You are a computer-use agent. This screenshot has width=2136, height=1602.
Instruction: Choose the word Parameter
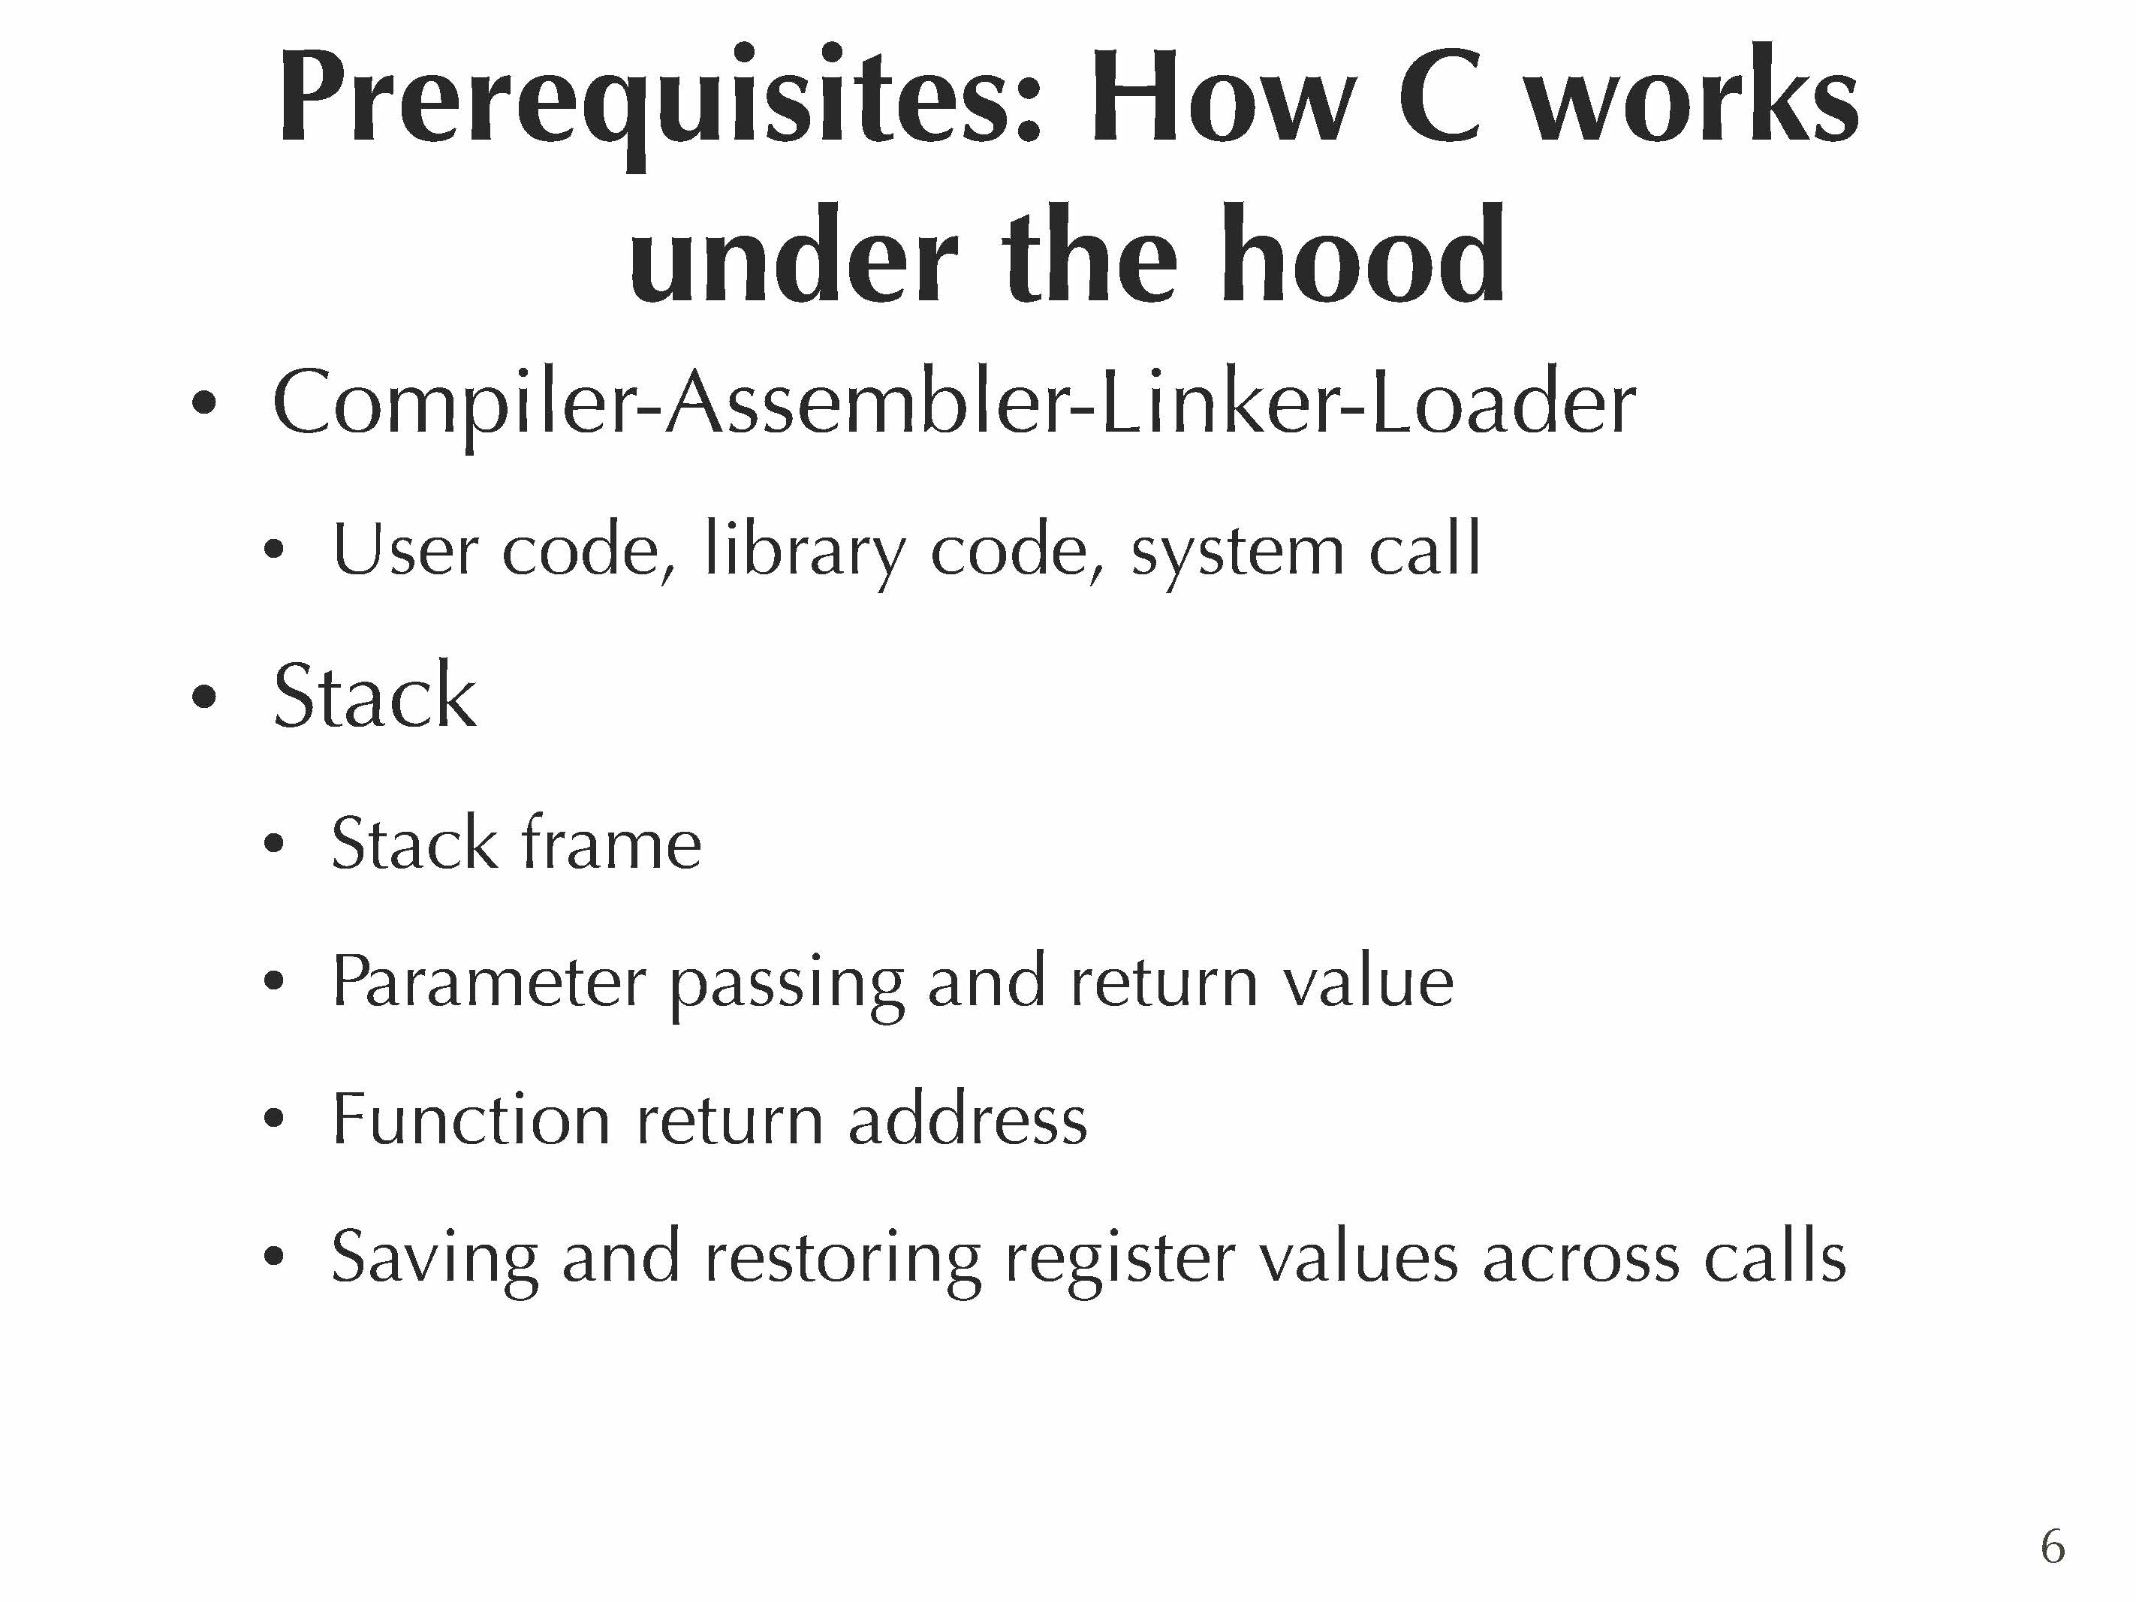(489, 982)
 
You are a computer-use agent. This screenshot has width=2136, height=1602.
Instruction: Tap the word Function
(471, 1119)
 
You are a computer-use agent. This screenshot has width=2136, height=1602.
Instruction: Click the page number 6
(2053, 1547)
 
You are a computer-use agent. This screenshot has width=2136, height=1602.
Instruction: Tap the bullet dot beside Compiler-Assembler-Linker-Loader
(203, 404)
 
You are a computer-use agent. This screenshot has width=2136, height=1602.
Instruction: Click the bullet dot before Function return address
(274, 1119)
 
